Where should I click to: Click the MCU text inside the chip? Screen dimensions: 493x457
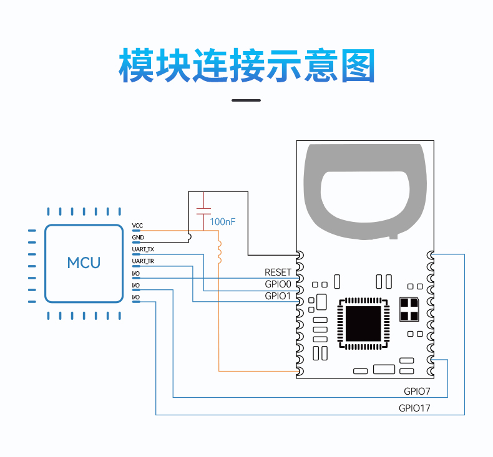(84, 263)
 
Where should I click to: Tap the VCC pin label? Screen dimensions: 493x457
(137, 226)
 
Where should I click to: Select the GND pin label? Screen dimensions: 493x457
(138, 238)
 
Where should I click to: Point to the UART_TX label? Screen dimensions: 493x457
(143, 249)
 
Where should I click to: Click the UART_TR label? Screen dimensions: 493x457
(143, 261)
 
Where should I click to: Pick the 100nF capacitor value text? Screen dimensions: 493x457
(223, 222)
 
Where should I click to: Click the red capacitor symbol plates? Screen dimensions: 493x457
(203, 211)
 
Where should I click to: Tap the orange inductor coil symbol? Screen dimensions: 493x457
(220, 252)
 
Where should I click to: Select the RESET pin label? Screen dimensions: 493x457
(278, 272)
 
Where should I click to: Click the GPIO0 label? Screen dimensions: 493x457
(278, 284)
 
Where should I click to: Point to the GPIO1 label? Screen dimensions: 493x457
(278, 296)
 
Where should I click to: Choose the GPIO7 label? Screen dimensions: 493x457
(417, 392)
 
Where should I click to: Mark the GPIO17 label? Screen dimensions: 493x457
(414, 408)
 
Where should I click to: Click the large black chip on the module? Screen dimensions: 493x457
(363, 324)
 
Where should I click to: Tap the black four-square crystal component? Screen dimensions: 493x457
(409, 309)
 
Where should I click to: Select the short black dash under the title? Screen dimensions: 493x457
(246, 100)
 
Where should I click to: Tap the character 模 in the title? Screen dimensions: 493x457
(136, 65)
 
